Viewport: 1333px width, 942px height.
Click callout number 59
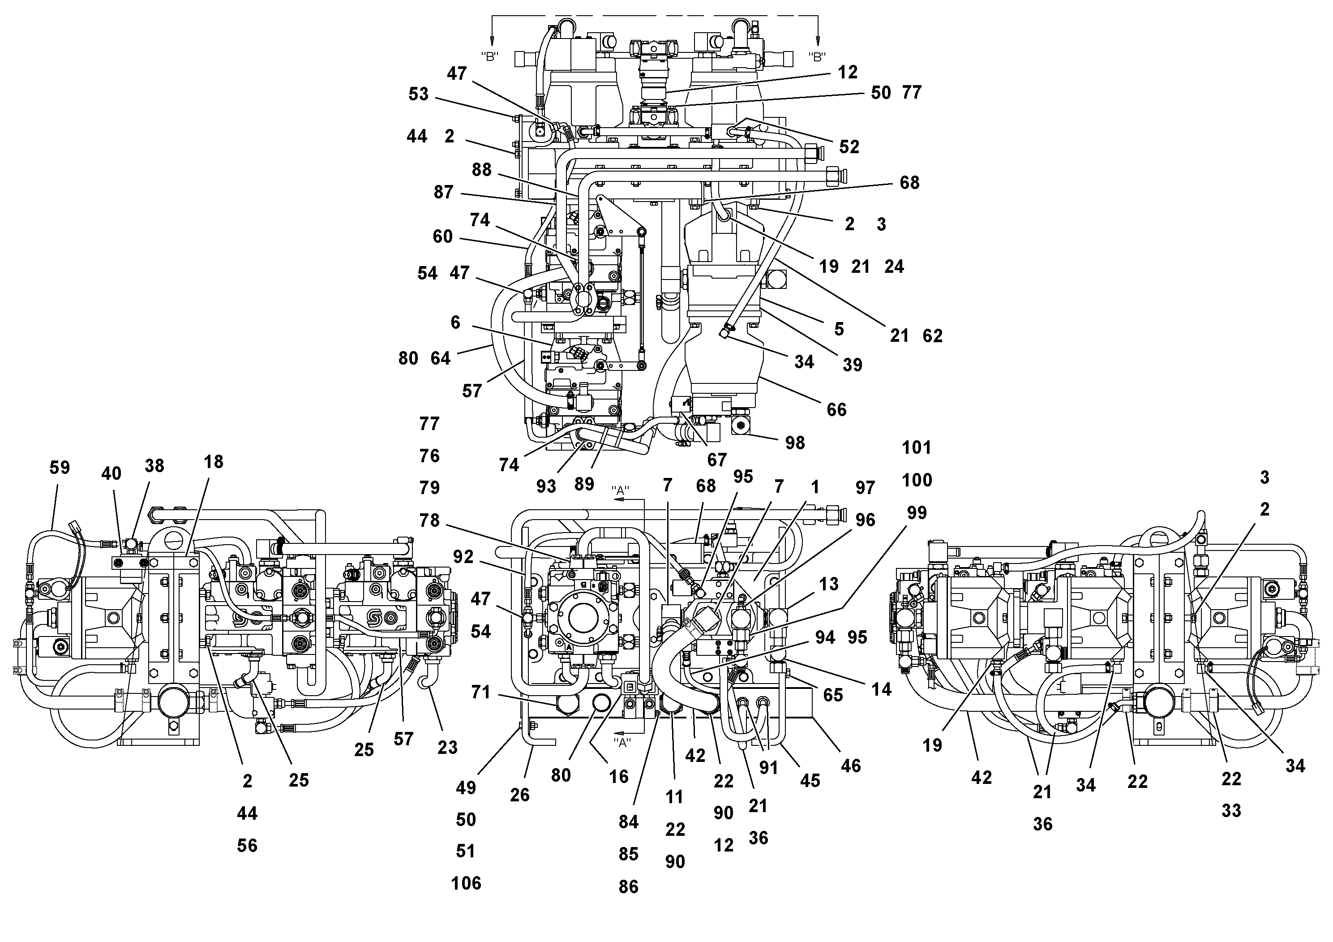click(x=59, y=468)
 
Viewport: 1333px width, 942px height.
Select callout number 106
click(x=466, y=883)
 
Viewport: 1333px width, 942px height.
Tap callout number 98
click(x=795, y=443)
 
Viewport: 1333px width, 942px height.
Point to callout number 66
click(x=836, y=410)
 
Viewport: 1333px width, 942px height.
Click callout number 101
click(x=917, y=448)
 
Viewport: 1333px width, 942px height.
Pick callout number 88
click(x=481, y=170)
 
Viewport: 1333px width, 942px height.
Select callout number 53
click(x=418, y=94)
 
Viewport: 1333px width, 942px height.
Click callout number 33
click(x=1231, y=811)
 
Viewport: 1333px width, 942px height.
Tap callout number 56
click(x=247, y=846)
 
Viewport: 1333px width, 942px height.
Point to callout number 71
click(x=481, y=692)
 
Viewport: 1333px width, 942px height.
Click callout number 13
click(x=828, y=584)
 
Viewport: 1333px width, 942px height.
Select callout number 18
click(x=213, y=462)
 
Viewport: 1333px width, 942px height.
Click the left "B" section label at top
click(x=490, y=57)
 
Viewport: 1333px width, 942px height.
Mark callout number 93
click(x=546, y=486)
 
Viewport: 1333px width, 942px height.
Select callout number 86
click(x=628, y=887)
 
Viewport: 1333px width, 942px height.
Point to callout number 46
click(x=851, y=766)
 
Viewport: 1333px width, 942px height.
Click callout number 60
click(x=442, y=237)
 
